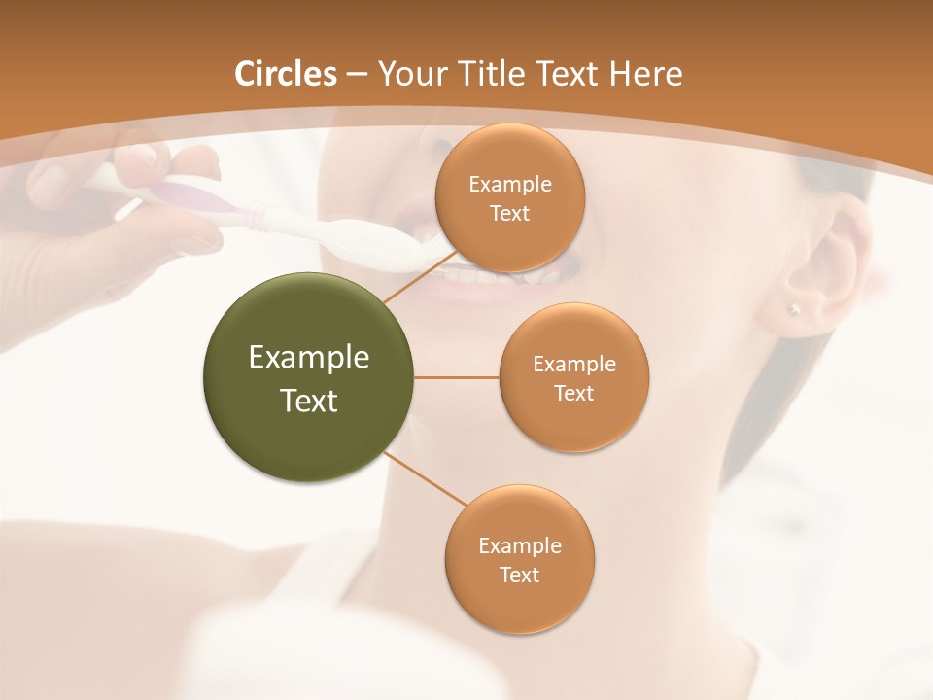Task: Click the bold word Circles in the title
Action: [286, 74]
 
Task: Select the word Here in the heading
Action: [645, 74]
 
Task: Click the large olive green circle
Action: [308, 377]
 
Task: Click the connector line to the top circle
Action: [420, 275]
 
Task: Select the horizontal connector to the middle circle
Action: [457, 377]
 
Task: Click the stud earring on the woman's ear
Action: [794, 309]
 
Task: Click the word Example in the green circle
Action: [308, 358]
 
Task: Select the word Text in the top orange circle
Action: [509, 214]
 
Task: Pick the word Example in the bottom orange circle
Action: [519, 545]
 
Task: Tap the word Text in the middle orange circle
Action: [573, 394]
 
